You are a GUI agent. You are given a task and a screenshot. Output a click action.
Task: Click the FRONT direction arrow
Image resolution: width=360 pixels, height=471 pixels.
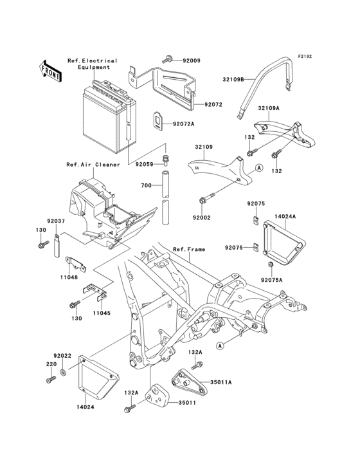[50, 71]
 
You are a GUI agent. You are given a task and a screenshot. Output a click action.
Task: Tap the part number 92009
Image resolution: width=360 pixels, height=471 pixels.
[192, 60]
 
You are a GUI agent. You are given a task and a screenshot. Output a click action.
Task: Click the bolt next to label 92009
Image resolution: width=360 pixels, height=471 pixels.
[167, 59]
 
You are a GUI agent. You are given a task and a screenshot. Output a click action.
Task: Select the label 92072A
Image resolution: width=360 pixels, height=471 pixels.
[183, 124]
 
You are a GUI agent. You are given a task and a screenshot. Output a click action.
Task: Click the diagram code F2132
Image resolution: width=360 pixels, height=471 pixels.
[305, 56]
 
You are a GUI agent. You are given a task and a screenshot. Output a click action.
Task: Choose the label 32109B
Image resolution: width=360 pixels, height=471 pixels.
[233, 80]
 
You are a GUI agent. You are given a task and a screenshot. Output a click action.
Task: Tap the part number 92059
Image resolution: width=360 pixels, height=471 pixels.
[144, 164]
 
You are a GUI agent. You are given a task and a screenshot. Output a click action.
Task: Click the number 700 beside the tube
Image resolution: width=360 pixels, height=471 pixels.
[147, 186]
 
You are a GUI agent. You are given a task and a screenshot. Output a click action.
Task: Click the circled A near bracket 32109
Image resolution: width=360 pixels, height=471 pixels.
[259, 167]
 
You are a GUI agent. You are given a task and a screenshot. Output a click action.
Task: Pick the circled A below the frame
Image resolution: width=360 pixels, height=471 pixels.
[221, 346]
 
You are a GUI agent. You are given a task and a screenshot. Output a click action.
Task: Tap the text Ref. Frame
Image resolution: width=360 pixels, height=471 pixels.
[189, 249]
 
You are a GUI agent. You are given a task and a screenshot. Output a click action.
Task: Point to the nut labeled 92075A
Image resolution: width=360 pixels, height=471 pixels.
[270, 264]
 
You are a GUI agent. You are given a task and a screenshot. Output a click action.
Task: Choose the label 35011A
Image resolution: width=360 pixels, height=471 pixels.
[221, 382]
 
